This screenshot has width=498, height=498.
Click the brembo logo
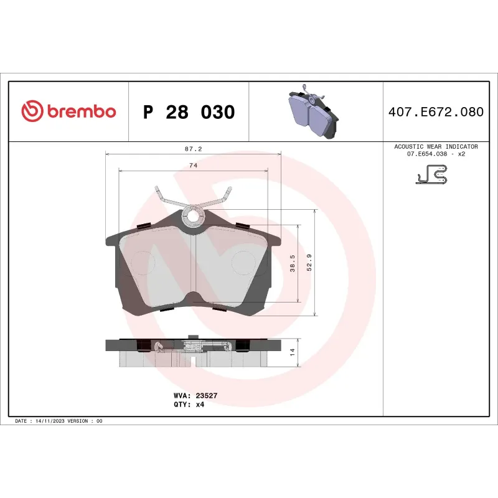pos(68,111)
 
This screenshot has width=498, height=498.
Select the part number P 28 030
pos(189,113)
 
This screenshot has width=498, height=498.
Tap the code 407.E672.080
pos(435,113)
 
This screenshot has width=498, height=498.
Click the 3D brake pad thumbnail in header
pos(314,112)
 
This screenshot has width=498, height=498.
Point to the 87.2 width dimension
pos(194,149)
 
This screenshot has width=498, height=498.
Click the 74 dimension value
pos(194,165)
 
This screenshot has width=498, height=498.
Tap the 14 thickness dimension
pos(293,352)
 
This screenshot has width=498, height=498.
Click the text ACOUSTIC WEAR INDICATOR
pos(435,146)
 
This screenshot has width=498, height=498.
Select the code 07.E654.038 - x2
pos(435,153)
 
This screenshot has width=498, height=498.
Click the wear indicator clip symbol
pos(431,175)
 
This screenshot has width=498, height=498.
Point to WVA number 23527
pos(205,395)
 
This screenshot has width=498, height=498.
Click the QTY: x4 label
pos(189,404)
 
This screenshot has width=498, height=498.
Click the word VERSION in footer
pos(77,421)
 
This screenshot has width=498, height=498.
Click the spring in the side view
pos(194,345)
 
